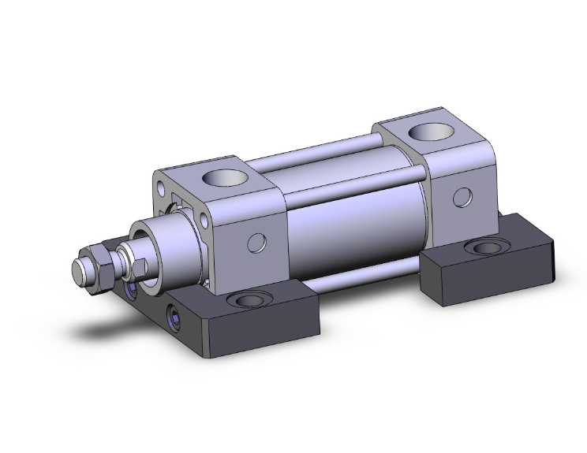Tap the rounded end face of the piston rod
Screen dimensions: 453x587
[79, 271]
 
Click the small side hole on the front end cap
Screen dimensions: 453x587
[254, 242]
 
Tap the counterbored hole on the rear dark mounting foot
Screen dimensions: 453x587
[480, 249]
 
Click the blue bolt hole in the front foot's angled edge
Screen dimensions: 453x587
[173, 319]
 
